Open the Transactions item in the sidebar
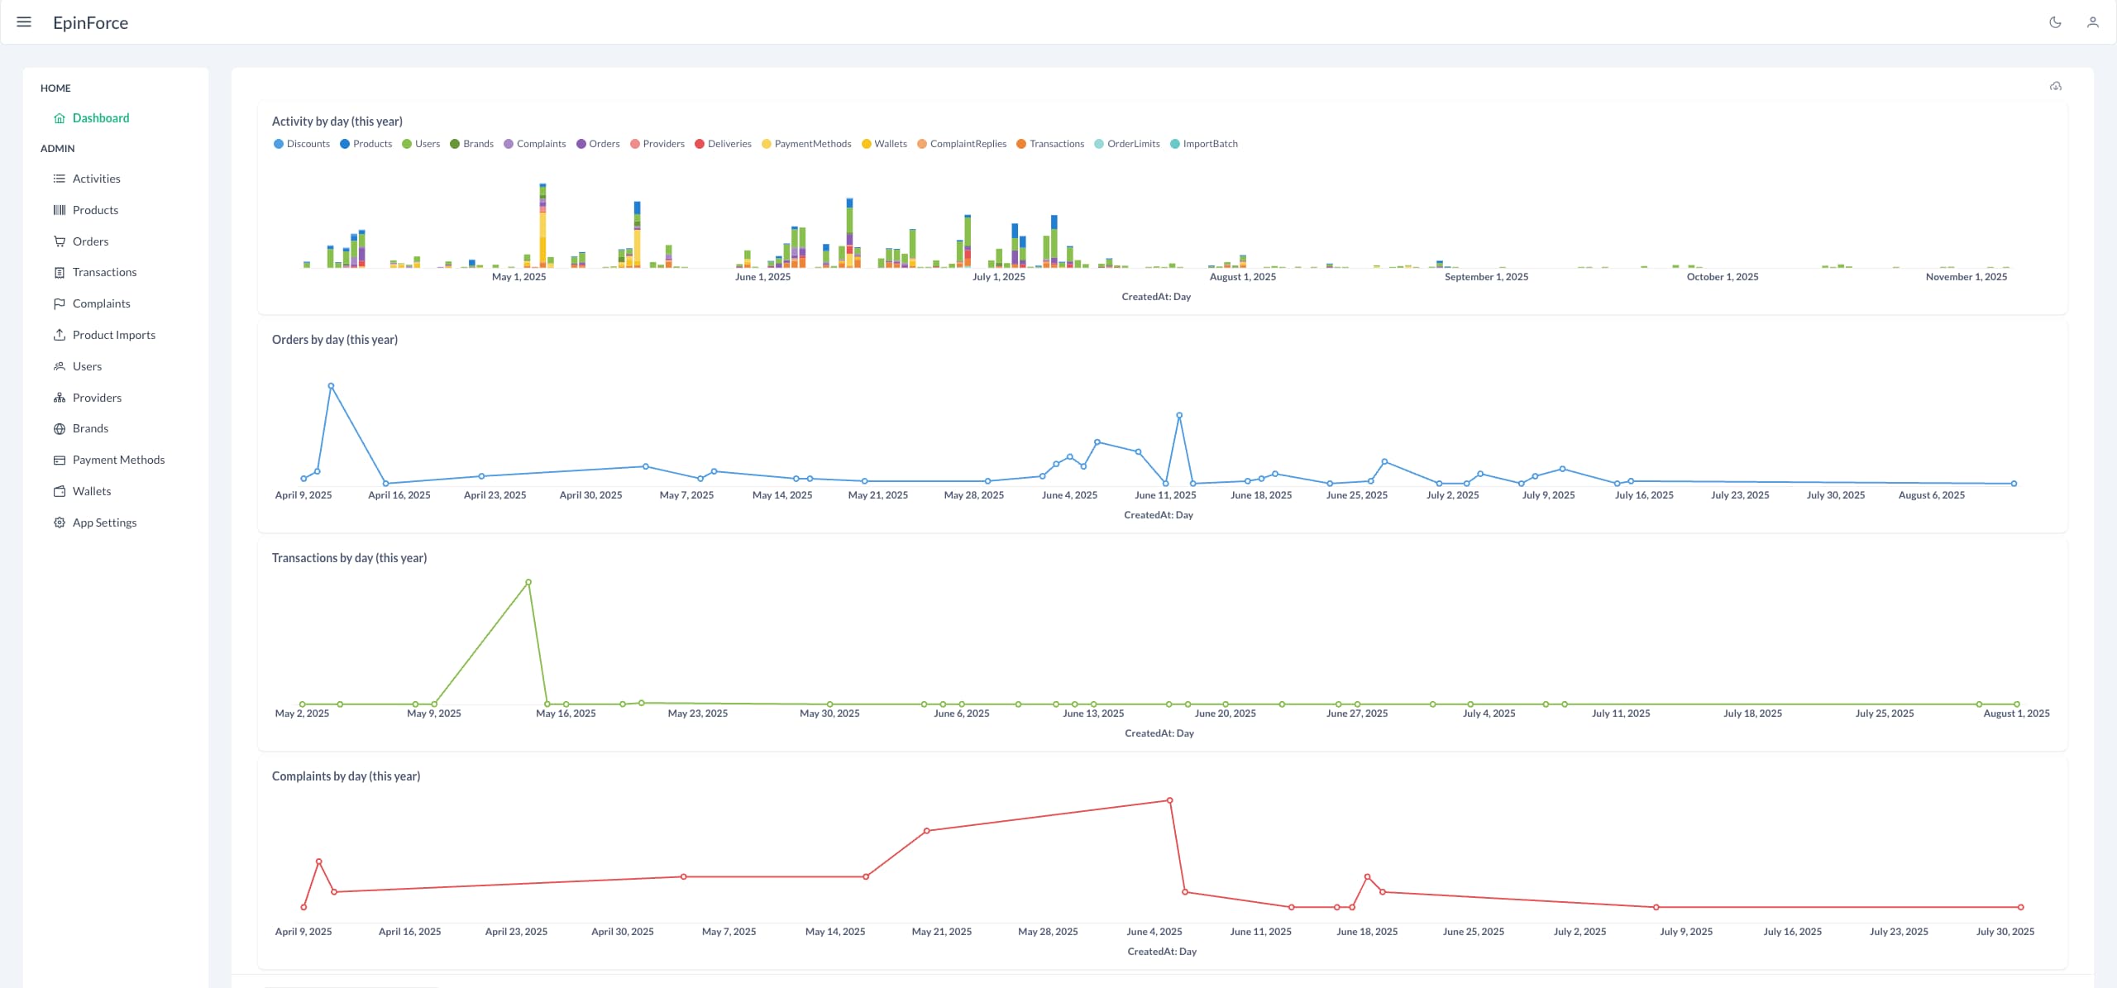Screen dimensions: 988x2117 (x=104, y=272)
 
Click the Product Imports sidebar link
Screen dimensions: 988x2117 (x=113, y=335)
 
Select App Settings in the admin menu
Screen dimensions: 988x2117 (x=104, y=523)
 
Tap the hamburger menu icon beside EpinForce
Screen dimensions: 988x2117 (x=24, y=22)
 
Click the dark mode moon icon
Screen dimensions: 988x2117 (x=2055, y=22)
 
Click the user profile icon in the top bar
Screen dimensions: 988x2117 (x=2093, y=22)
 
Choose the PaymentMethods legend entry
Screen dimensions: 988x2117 (x=812, y=144)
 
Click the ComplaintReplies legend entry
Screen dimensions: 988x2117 (x=968, y=144)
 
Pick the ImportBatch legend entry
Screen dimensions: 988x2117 (x=1210, y=144)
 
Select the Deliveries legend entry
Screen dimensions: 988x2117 (x=729, y=144)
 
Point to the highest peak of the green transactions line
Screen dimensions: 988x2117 (x=528, y=583)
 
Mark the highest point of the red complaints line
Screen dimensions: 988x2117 (x=1169, y=800)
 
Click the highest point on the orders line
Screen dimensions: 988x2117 (x=331, y=386)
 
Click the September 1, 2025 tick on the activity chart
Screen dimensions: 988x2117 (x=1486, y=277)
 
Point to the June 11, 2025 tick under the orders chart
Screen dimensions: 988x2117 (x=1165, y=495)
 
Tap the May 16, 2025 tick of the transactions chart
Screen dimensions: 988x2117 (x=566, y=714)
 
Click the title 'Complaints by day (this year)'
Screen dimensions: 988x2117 (x=346, y=776)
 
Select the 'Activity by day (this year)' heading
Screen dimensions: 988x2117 (x=337, y=122)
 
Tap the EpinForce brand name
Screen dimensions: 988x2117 (x=90, y=23)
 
